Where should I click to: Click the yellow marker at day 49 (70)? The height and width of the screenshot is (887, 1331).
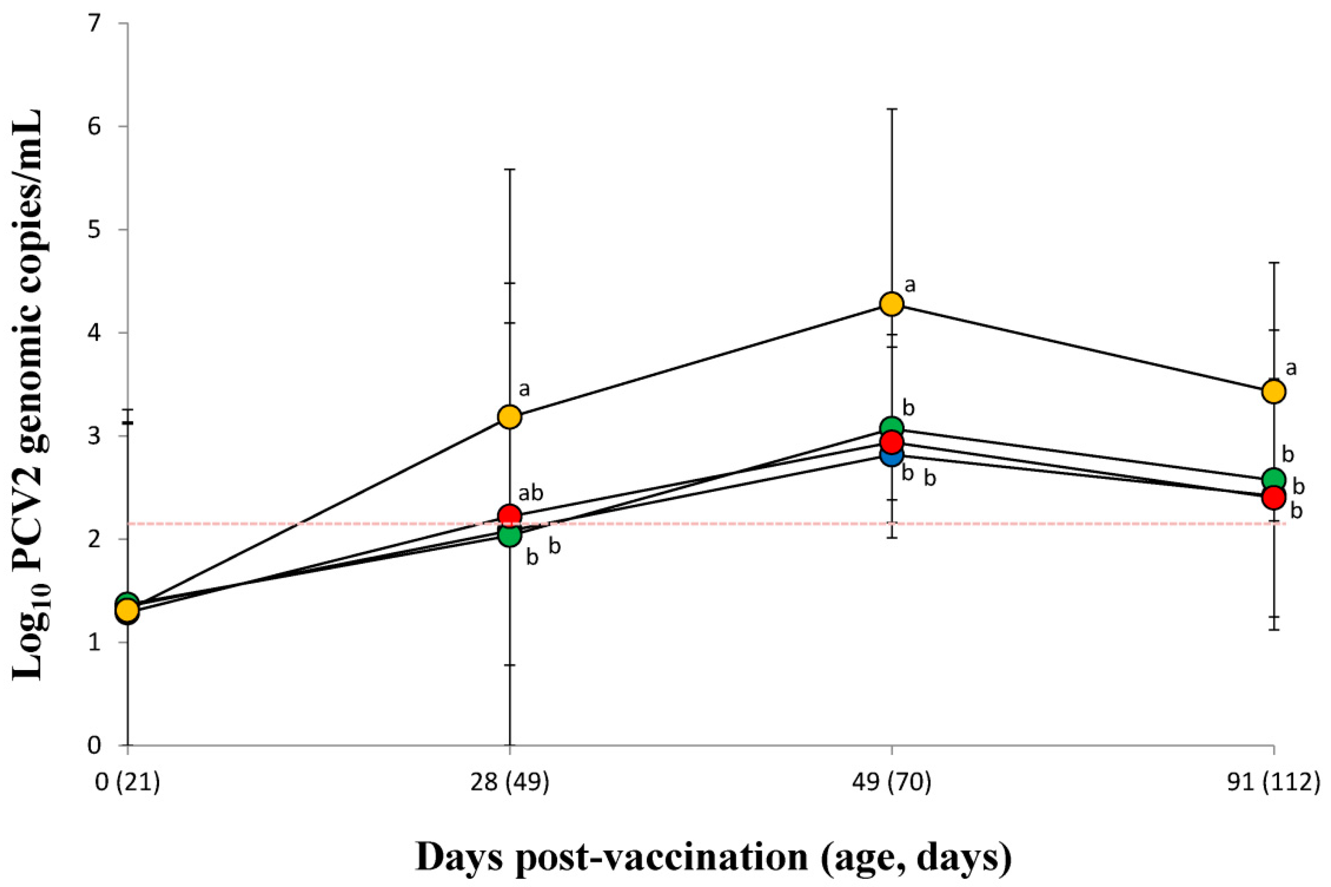pyautogui.click(x=891, y=304)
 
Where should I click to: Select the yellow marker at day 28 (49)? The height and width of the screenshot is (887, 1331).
pyautogui.click(x=510, y=417)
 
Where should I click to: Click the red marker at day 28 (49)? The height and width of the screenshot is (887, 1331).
pyautogui.click(x=510, y=515)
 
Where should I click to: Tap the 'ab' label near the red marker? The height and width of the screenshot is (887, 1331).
pyautogui.click(x=530, y=493)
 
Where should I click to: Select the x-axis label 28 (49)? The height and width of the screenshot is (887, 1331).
pyautogui.click(x=510, y=785)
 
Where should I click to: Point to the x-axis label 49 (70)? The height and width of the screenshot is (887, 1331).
pyautogui.click(x=891, y=785)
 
